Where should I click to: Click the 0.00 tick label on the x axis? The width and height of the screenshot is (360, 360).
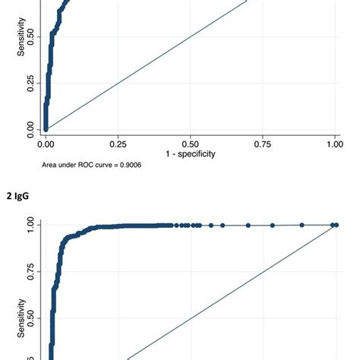click(46, 143)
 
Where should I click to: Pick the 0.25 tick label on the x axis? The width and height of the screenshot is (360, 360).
click(118, 143)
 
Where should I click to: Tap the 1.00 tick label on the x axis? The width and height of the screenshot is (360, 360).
click(334, 143)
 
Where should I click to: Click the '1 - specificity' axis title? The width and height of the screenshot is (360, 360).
click(190, 153)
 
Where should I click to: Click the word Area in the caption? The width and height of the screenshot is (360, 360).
click(52, 164)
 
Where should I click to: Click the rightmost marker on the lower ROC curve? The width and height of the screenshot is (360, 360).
click(334, 225)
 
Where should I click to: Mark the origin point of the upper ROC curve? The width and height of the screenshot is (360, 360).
click(46, 128)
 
